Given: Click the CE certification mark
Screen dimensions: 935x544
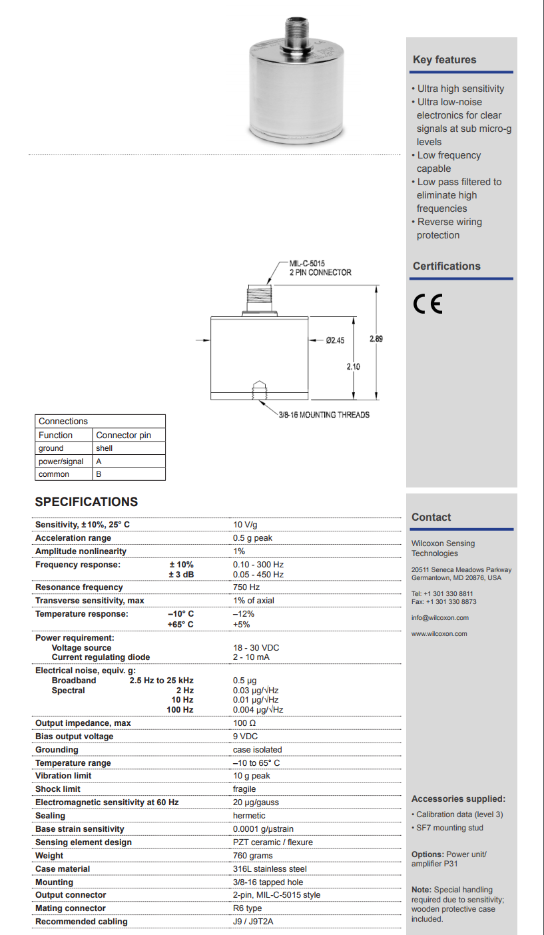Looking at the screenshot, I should coord(427,304).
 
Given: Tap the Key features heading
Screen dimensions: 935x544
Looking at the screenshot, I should coord(444,60).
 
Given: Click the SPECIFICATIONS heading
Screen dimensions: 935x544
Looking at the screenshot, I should coord(87,502).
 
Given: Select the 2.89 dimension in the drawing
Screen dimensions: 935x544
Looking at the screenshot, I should coord(376,338).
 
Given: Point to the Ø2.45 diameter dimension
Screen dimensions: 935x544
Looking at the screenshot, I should coord(335,340).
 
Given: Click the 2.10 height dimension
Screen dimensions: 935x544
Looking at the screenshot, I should coord(353,366).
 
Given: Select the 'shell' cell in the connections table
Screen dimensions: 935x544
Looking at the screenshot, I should coord(105,448).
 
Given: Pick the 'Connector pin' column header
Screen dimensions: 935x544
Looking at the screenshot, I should coord(123,435).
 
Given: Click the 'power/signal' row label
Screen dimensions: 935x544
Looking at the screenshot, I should coord(61,462).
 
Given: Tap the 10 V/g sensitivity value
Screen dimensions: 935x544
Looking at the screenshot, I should coord(245,525).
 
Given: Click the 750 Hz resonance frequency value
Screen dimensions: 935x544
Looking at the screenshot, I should coord(246,587).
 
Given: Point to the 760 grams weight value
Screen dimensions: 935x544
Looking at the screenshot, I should coord(252,856).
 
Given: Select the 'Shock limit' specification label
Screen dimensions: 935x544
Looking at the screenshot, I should coord(58,789).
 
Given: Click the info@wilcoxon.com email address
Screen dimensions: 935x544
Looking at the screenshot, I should coord(439,617).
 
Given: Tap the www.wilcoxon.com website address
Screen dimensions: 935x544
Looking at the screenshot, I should coord(439,633).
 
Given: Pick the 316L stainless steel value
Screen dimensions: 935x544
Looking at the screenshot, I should coord(270,869).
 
